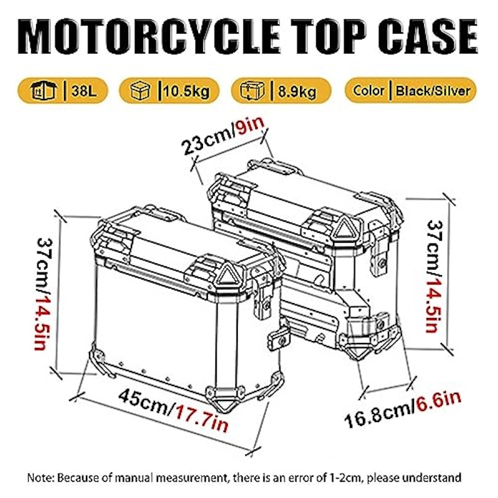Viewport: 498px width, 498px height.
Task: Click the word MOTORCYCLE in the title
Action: click(x=149, y=37)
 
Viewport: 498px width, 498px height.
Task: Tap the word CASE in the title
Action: click(x=428, y=37)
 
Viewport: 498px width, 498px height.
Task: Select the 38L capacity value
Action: click(x=84, y=91)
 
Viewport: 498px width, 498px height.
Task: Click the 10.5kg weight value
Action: click(x=186, y=92)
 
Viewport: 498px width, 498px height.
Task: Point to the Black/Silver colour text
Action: click(x=433, y=91)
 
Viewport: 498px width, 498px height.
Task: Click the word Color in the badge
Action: click(x=369, y=90)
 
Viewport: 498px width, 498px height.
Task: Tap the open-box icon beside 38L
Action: click(x=44, y=90)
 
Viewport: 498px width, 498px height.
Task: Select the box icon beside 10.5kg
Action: click(x=141, y=90)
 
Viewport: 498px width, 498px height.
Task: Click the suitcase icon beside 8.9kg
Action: click(x=253, y=90)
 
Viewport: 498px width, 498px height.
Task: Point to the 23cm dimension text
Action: click(x=207, y=143)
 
